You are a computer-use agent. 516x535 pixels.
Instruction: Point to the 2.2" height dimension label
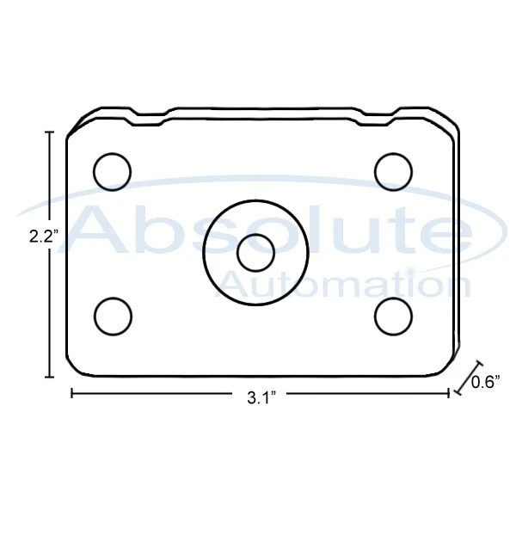click(x=44, y=237)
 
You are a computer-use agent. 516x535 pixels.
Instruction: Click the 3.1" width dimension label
click(x=261, y=398)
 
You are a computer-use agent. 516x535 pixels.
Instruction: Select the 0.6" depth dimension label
click(x=486, y=383)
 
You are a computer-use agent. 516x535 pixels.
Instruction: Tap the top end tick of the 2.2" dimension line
click(x=50, y=132)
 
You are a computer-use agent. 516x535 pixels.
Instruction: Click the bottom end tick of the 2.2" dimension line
click(x=50, y=377)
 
